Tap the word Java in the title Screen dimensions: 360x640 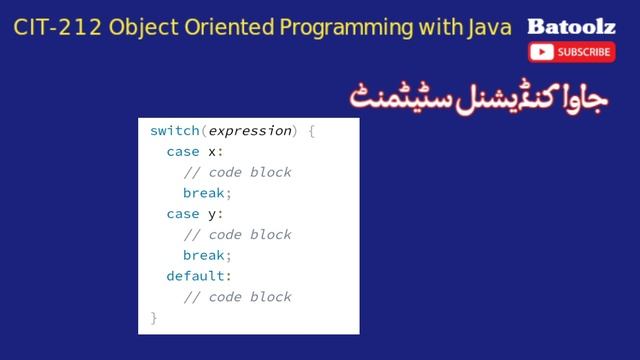click(489, 27)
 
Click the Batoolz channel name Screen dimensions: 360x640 click(564, 26)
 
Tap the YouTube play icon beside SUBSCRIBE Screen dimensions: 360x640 click(543, 52)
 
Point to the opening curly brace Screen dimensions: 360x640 click(311, 131)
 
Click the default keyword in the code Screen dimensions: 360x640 click(197, 276)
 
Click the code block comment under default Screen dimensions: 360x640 click(237, 297)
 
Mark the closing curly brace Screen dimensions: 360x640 click(154, 318)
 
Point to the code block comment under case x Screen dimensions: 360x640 click(237, 172)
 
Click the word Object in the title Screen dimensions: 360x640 click(141, 27)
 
